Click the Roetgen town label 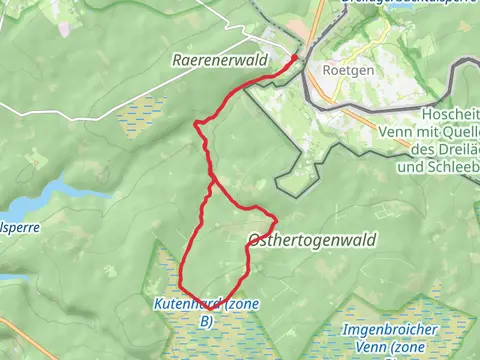pos(346,71)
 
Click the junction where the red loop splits pos(211,182)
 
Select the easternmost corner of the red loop pos(275,220)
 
